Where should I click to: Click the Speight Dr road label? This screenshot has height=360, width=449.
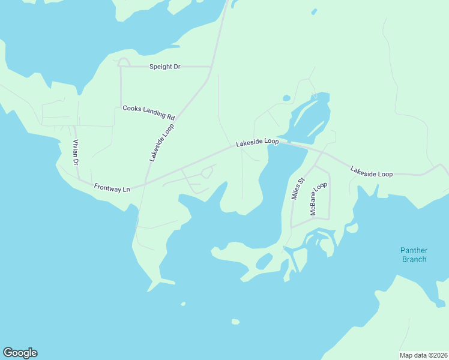click(x=164, y=67)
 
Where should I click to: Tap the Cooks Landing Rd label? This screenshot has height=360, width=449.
click(x=148, y=112)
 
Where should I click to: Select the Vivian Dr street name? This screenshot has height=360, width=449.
click(x=76, y=154)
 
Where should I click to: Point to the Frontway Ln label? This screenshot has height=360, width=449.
click(x=112, y=188)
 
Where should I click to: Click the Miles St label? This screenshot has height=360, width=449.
click(x=298, y=188)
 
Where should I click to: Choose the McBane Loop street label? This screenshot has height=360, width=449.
click(x=318, y=199)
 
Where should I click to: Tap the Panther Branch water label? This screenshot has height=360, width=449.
click(x=414, y=255)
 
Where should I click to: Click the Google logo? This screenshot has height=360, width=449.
click(x=20, y=353)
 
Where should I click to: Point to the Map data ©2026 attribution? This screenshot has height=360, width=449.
click(x=423, y=355)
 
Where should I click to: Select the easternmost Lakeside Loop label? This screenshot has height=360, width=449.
click(x=372, y=173)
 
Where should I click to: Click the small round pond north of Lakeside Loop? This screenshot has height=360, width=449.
click(x=286, y=98)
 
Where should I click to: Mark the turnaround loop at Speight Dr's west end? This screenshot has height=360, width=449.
click(x=124, y=62)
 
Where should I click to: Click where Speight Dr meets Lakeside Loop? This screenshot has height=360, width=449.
click(x=211, y=67)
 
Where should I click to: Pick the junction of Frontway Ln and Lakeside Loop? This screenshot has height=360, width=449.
click(x=145, y=184)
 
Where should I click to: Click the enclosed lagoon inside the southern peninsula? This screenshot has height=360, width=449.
click(x=263, y=262)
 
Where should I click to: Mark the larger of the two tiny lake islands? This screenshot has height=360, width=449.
click(x=235, y=322)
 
